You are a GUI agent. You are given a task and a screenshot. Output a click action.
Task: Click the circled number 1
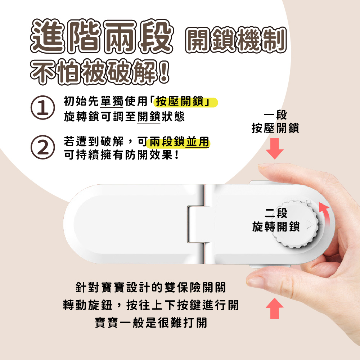tap(43, 107)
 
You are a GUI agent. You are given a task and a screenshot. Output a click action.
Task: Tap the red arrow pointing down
tap(275, 149)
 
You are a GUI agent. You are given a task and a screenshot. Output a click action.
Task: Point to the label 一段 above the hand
tap(275, 116)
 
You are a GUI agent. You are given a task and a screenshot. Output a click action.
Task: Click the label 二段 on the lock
tap(276, 213)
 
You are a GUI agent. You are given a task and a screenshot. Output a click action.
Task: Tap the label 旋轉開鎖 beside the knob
tap(276, 227)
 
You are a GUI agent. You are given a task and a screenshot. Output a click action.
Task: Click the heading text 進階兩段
tap(101, 37)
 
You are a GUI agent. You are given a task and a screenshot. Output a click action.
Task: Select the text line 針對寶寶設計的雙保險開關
tap(151, 288)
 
